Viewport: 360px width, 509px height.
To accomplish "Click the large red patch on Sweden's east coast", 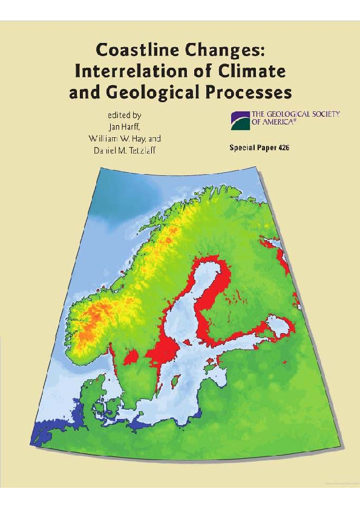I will point(162,350).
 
